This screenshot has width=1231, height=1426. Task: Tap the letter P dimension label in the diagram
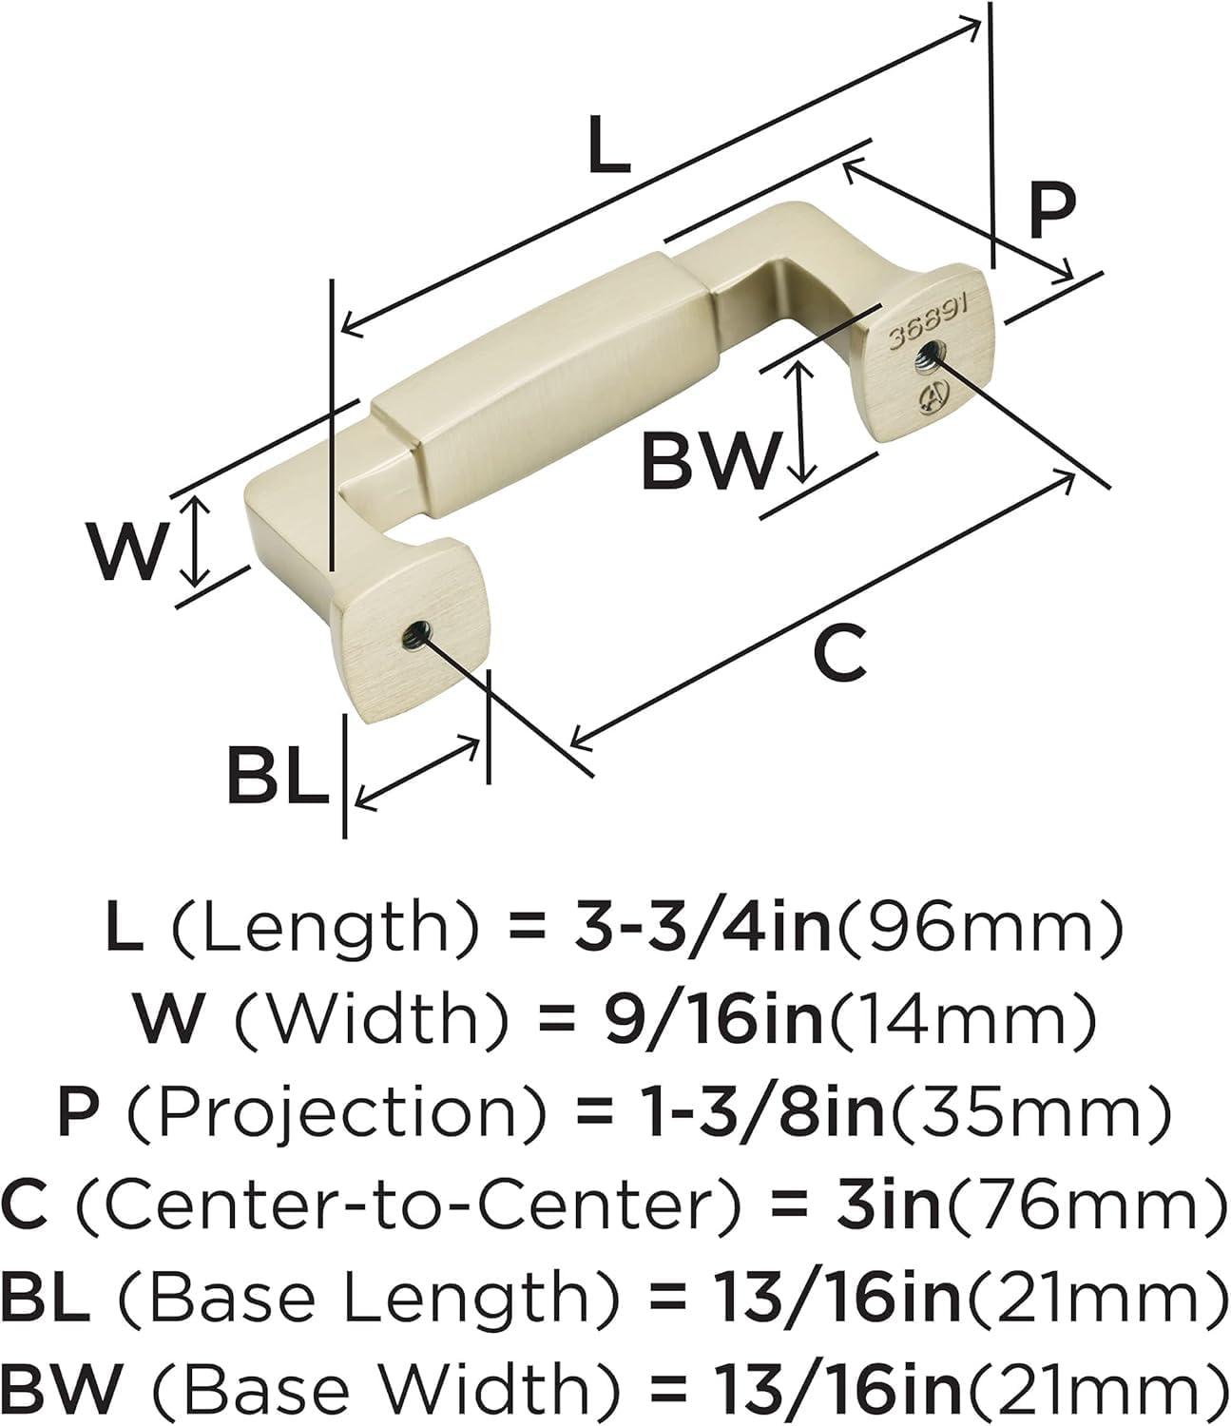point(1051,210)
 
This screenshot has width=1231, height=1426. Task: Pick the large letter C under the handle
point(839,653)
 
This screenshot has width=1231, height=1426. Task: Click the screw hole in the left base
point(416,632)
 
